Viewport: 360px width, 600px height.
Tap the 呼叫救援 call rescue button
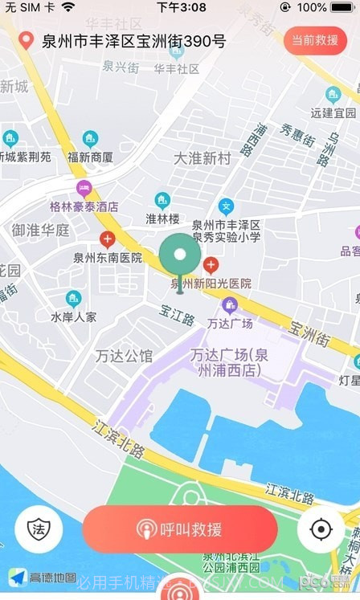(180, 529)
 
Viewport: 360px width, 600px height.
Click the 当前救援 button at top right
(314, 40)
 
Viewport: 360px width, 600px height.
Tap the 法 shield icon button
(39, 529)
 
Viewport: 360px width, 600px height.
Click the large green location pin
(180, 257)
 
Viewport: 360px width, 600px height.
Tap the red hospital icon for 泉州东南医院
(107, 239)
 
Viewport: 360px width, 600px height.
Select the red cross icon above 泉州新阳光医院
(211, 264)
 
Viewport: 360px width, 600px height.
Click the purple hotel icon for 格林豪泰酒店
(84, 189)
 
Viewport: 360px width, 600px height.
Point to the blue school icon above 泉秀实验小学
(226, 206)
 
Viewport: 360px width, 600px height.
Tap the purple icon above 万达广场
(230, 304)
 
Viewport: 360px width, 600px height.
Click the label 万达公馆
(123, 355)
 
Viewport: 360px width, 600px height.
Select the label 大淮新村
(202, 158)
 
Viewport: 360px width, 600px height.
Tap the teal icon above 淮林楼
(162, 200)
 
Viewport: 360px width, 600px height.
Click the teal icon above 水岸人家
(73, 299)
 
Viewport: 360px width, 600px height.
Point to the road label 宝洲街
(310, 333)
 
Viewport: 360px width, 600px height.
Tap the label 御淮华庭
(40, 230)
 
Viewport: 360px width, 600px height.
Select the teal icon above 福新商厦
(90, 138)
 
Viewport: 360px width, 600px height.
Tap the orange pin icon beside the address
(26, 41)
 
